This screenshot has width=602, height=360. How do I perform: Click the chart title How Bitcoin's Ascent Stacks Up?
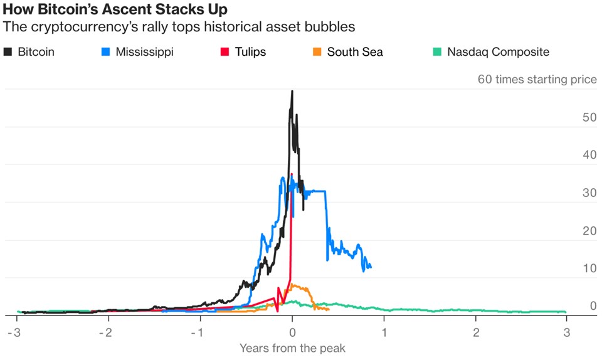tap(114, 10)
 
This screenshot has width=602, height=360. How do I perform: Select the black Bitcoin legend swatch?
tap(8, 51)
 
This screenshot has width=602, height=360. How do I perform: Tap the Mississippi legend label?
tap(144, 51)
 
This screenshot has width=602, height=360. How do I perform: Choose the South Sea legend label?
tap(354, 51)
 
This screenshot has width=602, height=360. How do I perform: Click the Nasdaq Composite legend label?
tap(498, 51)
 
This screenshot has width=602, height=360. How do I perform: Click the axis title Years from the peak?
tap(292, 348)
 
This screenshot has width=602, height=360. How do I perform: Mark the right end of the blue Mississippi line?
tap(371, 267)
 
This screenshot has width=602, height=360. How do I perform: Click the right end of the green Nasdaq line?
tap(566, 312)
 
